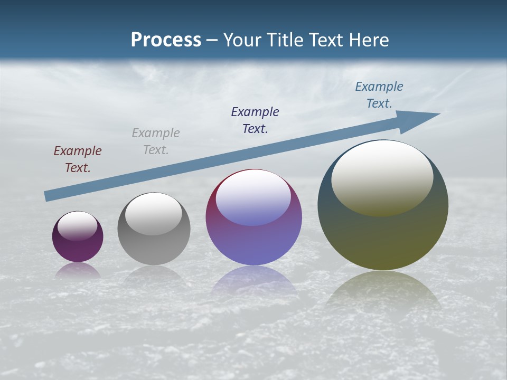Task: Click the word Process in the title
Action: pyautogui.click(x=166, y=40)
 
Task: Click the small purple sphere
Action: pyautogui.click(x=78, y=236)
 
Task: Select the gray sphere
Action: pyautogui.click(x=154, y=229)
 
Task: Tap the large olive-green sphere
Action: pyautogui.click(x=383, y=206)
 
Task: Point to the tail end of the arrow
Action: pyautogui.click(x=48, y=196)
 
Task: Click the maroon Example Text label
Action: pyautogui.click(x=78, y=159)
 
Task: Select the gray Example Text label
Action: pyautogui.click(x=156, y=141)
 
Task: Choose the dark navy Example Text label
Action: pyautogui.click(x=255, y=120)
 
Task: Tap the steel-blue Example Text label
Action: pyautogui.click(x=379, y=95)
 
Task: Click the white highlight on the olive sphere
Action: pyautogui.click(x=382, y=177)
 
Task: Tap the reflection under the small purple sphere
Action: pyautogui.click(x=78, y=271)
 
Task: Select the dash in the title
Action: pyautogui.click(x=212, y=40)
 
